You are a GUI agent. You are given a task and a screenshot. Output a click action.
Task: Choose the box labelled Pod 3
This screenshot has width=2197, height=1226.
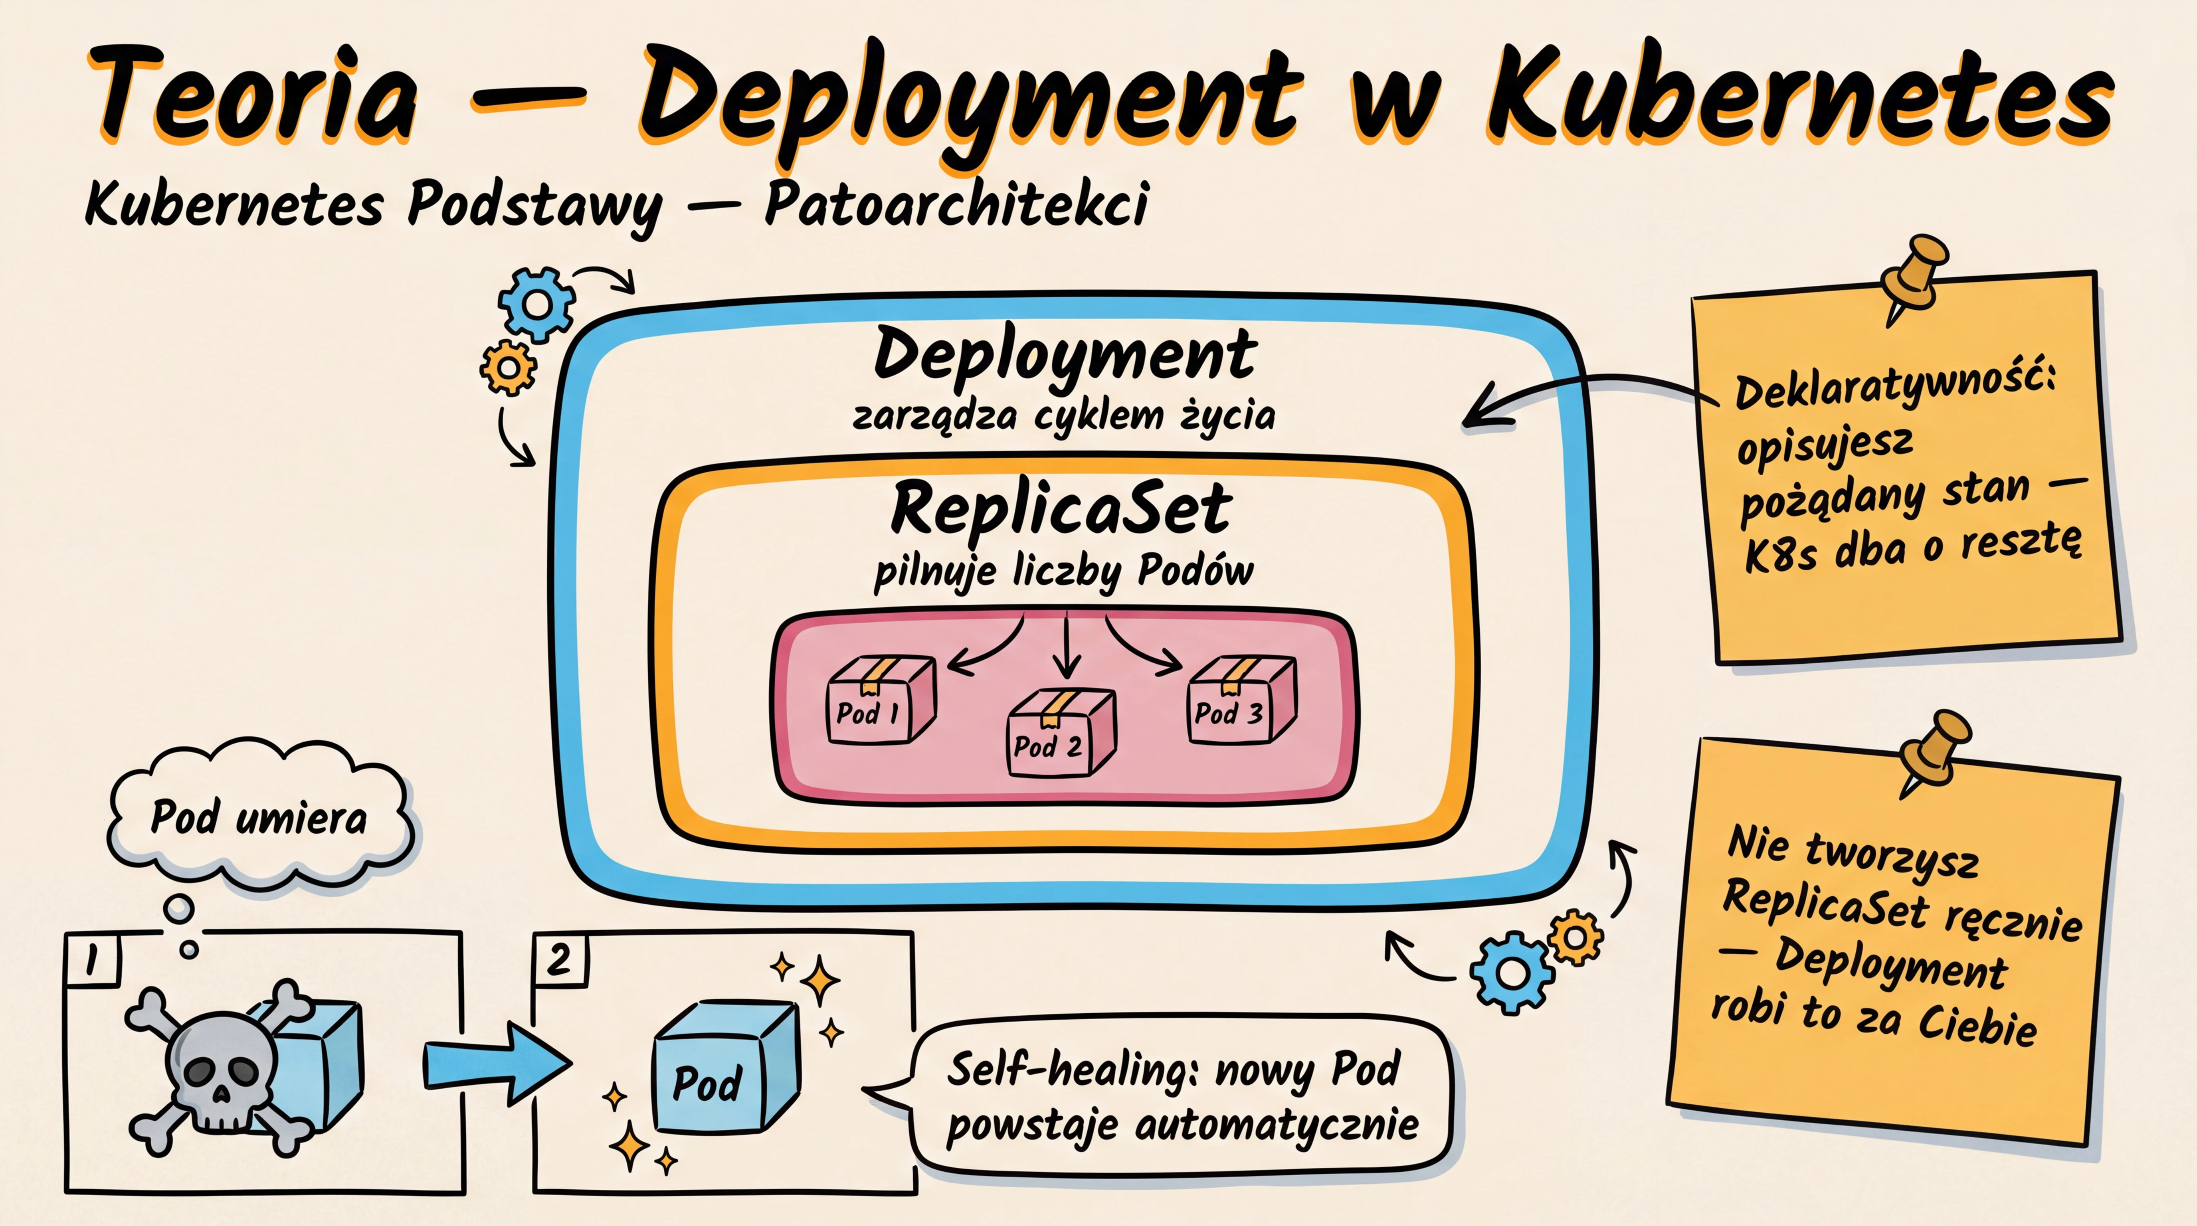tap(1241, 699)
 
